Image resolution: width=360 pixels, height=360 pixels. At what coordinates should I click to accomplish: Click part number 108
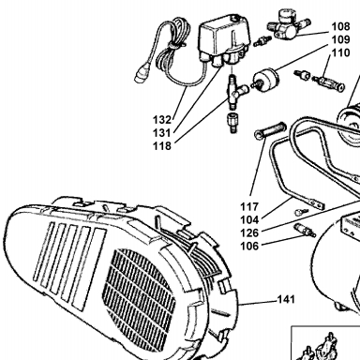pyautogui.click(x=340, y=26)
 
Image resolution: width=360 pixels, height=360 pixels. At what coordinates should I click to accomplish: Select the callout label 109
pyautogui.click(x=340, y=39)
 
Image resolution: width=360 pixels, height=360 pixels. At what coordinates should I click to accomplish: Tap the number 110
pyautogui.click(x=340, y=52)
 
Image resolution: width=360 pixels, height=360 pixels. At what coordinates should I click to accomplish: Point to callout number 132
pyautogui.click(x=162, y=120)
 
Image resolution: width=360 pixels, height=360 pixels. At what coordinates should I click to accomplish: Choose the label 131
pyautogui.click(x=162, y=133)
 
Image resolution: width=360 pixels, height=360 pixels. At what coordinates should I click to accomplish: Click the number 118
pyautogui.click(x=162, y=146)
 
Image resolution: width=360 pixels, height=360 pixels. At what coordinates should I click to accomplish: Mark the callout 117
pyautogui.click(x=249, y=206)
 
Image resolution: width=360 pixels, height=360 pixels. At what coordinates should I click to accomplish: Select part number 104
pyautogui.click(x=249, y=219)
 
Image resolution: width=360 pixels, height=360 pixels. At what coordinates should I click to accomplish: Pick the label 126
pyautogui.click(x=249, y=232)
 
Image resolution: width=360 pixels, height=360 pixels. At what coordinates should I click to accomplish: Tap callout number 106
pyautogui.click(x=249, y=246)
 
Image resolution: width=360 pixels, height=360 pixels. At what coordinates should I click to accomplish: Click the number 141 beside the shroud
pyautogui.click(x=286, y=299)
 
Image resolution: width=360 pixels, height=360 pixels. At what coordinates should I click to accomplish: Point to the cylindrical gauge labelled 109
pyautogui.click(x=264, y=80)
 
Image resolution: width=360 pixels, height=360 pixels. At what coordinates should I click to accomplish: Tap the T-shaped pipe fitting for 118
pyautogui.click(x=237, y=92)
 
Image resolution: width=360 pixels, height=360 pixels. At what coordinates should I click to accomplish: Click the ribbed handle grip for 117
pyautogui.click(x=270, y=130)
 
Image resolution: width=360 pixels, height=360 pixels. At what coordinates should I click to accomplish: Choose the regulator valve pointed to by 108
pyautogui.click(x=287, y=25)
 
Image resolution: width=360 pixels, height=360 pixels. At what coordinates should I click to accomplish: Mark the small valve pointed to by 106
pyautogui.click(x=305, y=230)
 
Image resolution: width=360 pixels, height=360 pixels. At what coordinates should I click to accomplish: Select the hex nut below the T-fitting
pyautogui.click(x=232, y=123)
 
